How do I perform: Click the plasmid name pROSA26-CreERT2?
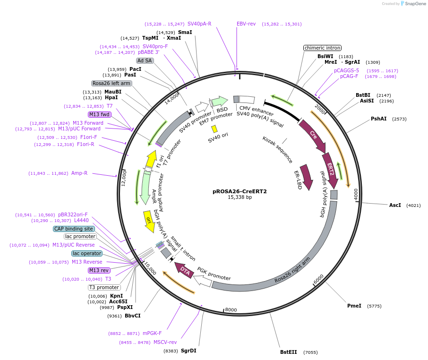(240, 191)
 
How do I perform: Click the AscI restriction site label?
(395, 205)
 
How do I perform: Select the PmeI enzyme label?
(354, 306)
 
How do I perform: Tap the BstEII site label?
(288, 352)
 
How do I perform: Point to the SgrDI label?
(189, 351)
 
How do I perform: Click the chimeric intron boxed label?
(322, 48)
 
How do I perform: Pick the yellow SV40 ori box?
(214, 129)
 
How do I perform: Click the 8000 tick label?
(231, 310)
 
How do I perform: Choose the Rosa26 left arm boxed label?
(111, 83)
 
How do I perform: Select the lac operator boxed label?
(86, 253)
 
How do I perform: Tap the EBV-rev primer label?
(246, 24)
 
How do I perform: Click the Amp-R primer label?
(79, 173)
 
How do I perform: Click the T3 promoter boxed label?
(104, 287)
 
